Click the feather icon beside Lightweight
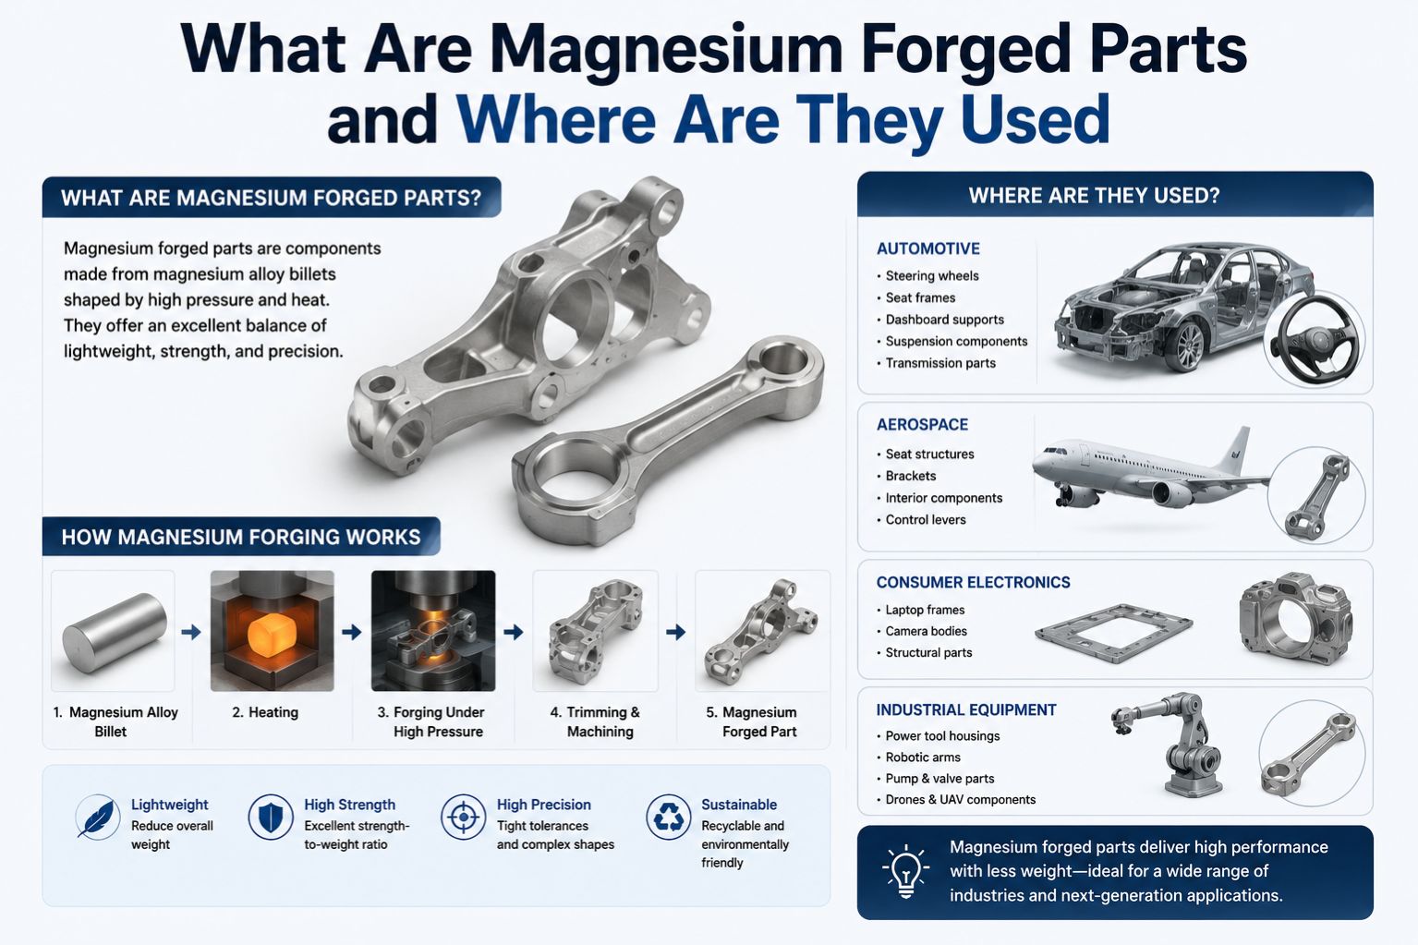tap(98, 818)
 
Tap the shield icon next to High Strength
tap(271, 818)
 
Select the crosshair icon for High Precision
tap(464, 818)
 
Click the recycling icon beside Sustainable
tap(669, 818)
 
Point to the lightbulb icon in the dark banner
tap(906, 872)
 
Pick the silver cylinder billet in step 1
tap(115, 633)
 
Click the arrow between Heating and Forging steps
tap(351, 632)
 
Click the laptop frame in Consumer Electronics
tap(1113, 633)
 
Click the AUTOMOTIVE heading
tap(928, 248)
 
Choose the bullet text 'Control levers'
tap(926, 520)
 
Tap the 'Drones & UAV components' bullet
tap(961, 799)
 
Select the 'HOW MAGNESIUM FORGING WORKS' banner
tap(241, 537)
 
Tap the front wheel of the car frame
tap(1188, 346)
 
